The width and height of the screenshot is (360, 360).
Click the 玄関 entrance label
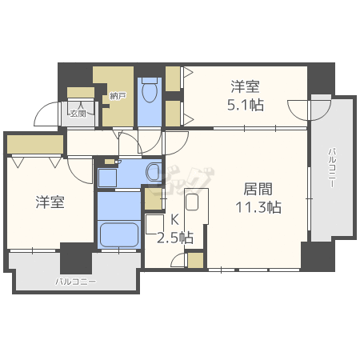pyautogui.click(x=79, y=114)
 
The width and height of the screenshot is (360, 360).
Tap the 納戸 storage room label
pyautogui.click(x=118, y=97)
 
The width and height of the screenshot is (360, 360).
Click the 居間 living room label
pyautogui.click(x=258, y=189)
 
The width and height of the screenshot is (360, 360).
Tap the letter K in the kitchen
pyautogui.click(x=174, y=220)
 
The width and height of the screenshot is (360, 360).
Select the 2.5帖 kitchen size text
pyautogui.click(x=174, y=238)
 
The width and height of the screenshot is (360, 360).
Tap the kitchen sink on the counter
pyautogui.click(x=192, y=202)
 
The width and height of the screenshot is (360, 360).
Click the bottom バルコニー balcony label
pyautogui.click(x=76, y=282)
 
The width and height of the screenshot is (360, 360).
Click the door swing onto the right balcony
pyautogui.click(x=298, y=110)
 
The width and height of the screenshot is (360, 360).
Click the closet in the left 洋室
pyautogui.click(x=34, y=144)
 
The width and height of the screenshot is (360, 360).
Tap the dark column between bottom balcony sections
pyautogui.click(x=76, y=258)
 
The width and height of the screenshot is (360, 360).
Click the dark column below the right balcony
pyautogui.click(x=318, y=256)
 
